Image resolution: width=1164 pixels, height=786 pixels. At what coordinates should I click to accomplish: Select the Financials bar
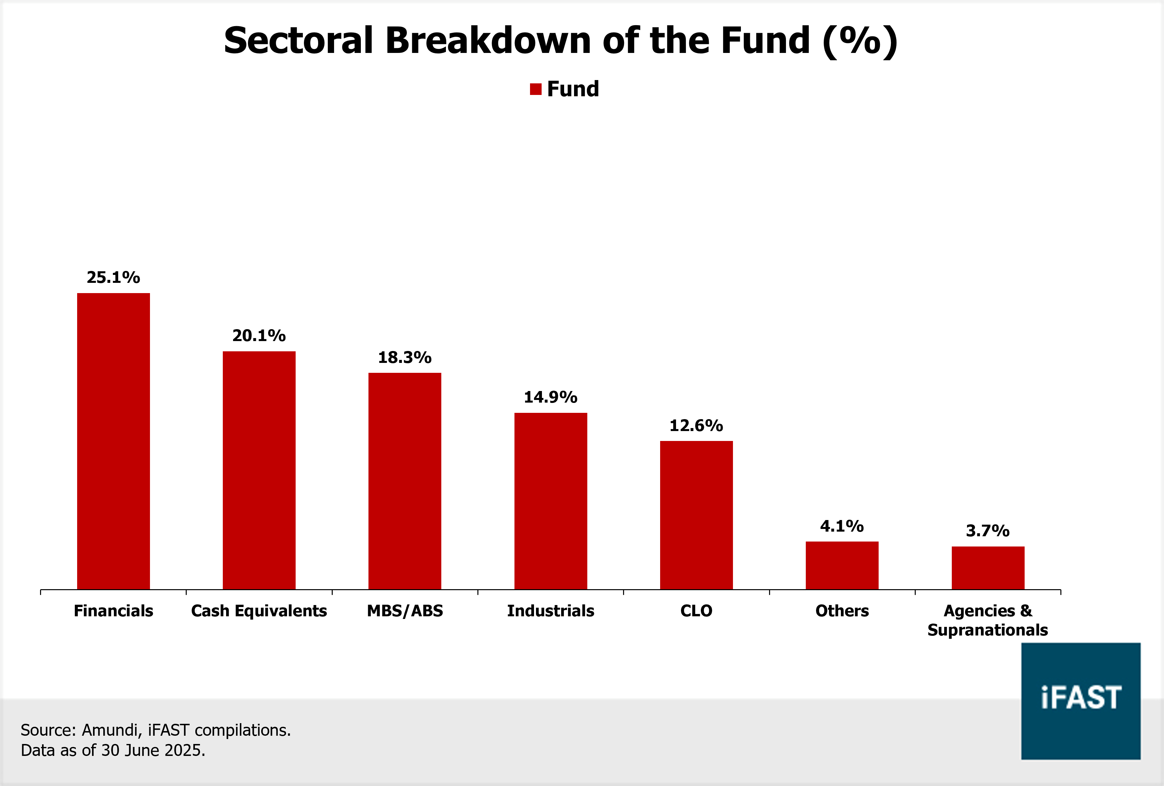pos(113,441)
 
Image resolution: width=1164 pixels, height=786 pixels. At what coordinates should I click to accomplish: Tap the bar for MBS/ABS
pos(405,481)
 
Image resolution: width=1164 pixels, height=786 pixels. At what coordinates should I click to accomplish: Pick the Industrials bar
pos(551,501)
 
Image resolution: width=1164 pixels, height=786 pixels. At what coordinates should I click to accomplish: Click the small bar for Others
pos(842,565)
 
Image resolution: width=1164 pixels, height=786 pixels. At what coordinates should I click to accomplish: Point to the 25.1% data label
pos(113,277)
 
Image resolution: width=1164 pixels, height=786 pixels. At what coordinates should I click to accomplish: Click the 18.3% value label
pos(405,358)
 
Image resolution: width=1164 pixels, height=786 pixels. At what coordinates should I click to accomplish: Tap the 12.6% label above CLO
pos(696,425)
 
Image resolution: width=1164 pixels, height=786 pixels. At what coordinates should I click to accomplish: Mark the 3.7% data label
pos(988,531)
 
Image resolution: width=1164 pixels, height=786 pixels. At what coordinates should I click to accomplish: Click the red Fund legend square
pos(535,89)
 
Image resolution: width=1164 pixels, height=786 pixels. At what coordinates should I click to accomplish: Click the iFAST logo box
pos(1081,701)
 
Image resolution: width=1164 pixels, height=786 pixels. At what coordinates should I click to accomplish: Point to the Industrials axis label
pos(551,611)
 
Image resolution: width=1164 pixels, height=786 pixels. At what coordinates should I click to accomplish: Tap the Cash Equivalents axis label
pos(259,611)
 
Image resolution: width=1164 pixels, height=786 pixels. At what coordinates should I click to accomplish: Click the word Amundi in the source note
pos(110,730)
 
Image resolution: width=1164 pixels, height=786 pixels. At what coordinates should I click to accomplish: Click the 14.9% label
pos(551,397)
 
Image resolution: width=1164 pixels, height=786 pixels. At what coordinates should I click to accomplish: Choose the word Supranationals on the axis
pos(988,630)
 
